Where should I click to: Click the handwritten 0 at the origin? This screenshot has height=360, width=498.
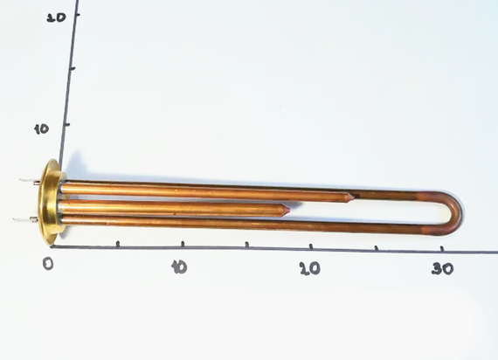coord(48,263)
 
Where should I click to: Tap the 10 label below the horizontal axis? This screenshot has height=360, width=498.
coord(179,267)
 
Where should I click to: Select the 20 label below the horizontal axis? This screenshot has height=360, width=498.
coord(309,269)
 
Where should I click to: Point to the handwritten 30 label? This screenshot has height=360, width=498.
coord(442,269)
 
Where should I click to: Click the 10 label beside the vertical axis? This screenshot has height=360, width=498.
coord(42,128)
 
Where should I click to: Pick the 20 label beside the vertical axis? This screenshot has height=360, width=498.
coord(56,17)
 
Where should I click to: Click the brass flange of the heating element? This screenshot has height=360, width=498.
coord(51,202)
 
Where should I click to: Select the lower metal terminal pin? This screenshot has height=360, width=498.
coord(25,219)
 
